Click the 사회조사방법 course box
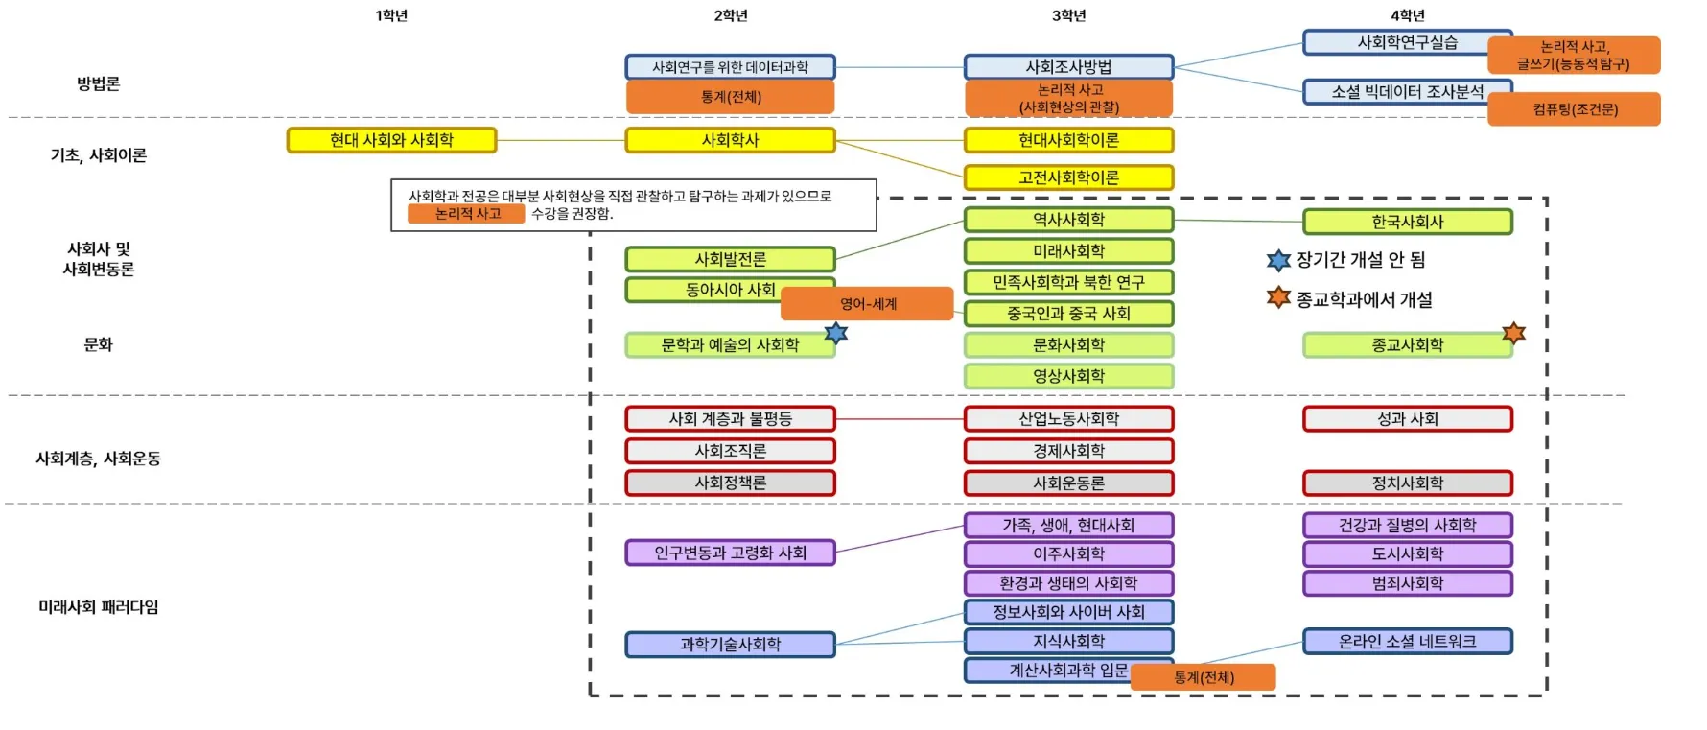(1068, 67)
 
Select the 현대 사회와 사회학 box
(391, 140)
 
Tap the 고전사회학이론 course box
(1068, 177)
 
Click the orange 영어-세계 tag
(867, 303)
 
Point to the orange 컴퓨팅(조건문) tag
(1574, 109)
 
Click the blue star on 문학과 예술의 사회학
(836, 333)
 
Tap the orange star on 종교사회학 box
(1513, 333)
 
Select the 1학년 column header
(391, 15)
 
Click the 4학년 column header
(1407, 15)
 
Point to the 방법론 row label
(99, 83)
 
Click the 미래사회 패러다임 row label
(99, 606)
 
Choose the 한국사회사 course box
(1407, 222)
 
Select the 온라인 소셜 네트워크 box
(1407, 641)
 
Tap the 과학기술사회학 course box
(730, 644)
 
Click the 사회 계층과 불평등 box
(730, 418)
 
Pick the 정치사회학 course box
(1407, 483)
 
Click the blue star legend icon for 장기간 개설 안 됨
(1278, 260)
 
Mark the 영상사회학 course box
(1068, 376)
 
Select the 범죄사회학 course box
(1407, 583)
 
